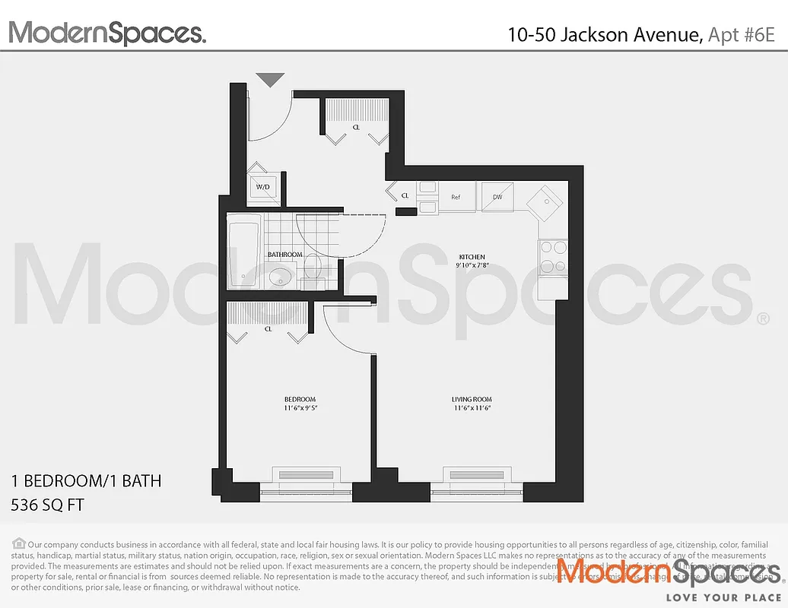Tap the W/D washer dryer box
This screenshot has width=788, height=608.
(x=263, y=187)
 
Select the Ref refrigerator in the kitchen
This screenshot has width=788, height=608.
(x=456, y=197)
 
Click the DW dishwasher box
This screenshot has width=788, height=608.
(x=497, y=197)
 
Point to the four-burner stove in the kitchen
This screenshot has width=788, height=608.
(x=553, y=257)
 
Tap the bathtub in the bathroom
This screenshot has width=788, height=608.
(x=243, y=250)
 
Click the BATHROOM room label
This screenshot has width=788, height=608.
(x=284, y=255)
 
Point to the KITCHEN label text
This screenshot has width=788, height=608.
(x=472, y=257)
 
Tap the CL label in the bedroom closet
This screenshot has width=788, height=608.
(x=268, y=329)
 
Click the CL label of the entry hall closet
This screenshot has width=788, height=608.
(x=356, y=128)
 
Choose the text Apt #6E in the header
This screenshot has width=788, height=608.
(x=742, y=34)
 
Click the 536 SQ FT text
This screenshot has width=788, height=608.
(x=48, y=503)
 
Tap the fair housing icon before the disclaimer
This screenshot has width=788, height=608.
(x=18, y=543)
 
